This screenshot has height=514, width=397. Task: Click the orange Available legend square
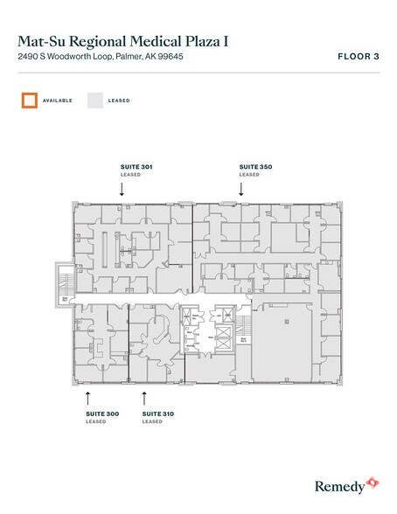click(x=31, y=101)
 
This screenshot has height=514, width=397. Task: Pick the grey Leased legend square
click(x=94, y=101)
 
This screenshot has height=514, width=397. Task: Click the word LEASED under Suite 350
click(x=249, y=175)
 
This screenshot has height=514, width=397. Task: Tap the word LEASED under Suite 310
click(x=152, y=422)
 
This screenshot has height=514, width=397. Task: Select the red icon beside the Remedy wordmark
click(x=372, y=481)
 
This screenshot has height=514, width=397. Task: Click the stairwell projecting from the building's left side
click(x=64, y=281)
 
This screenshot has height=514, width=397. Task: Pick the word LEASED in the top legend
click(x=119, y=101)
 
